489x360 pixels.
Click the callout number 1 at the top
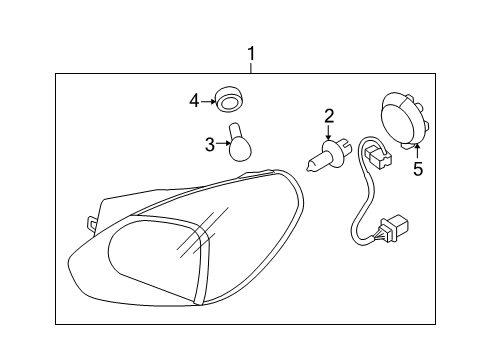[251, 53]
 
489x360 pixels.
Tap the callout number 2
[328, 118]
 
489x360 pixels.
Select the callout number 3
[209, 145]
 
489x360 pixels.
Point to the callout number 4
[195, 100]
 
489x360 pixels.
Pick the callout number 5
[417, 170]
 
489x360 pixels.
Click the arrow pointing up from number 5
[416, 151]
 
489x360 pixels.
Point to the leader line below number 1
[251, 66]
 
